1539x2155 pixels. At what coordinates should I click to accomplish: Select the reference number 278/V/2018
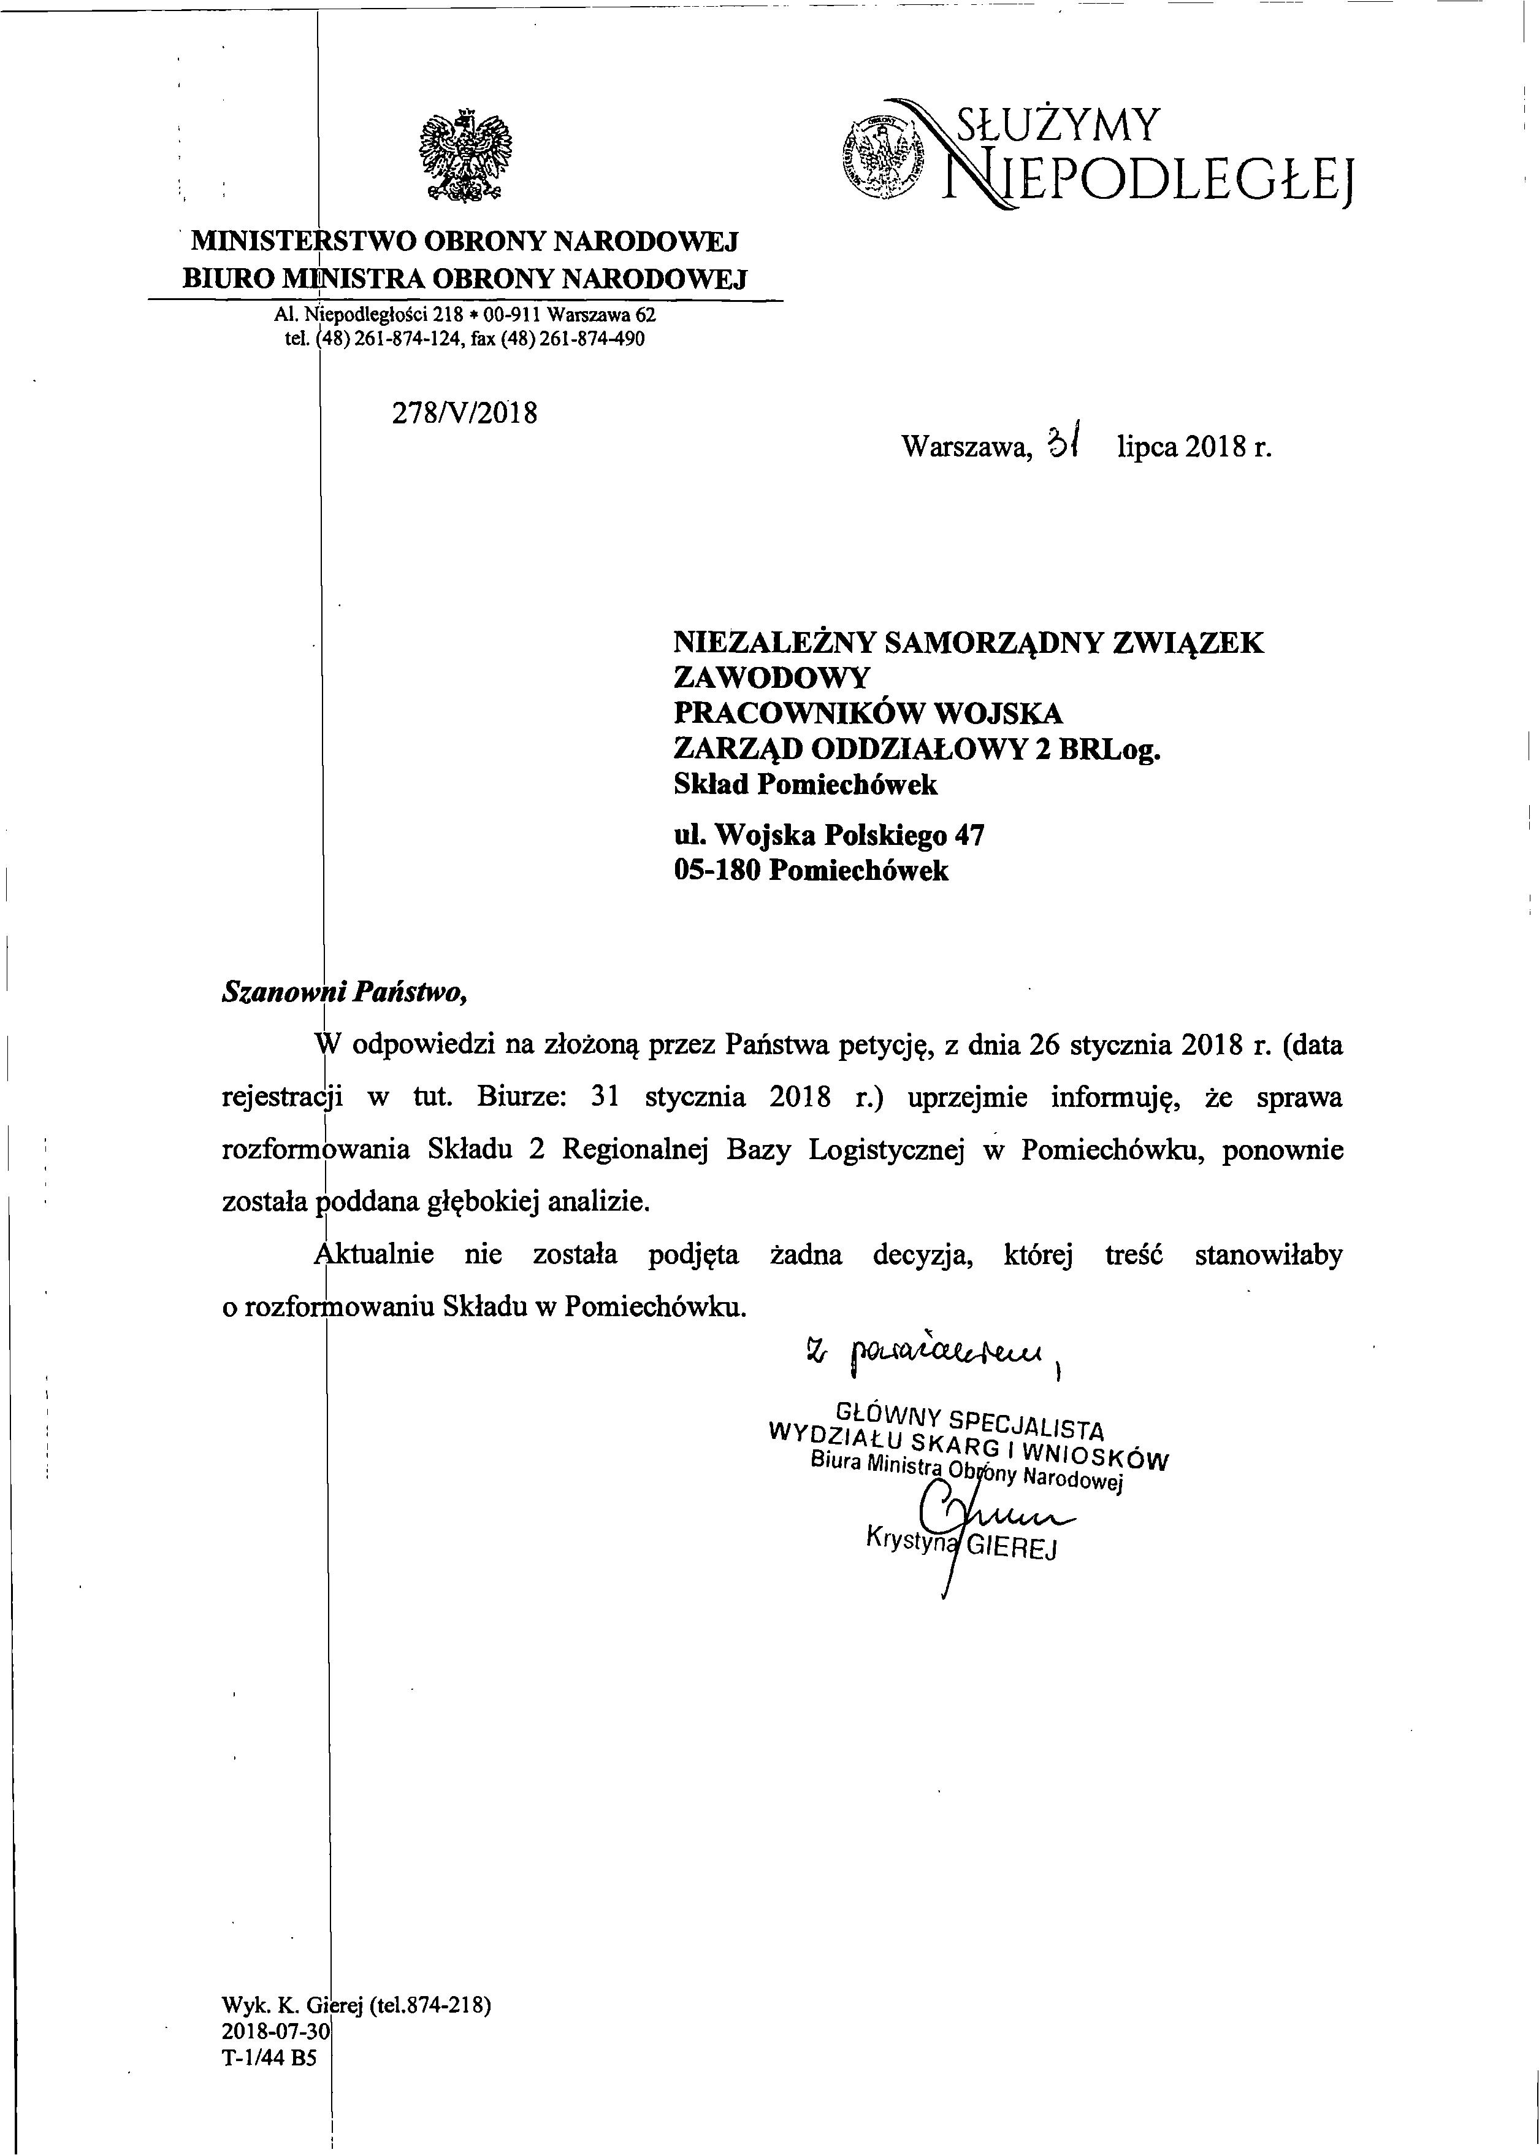point(464,414)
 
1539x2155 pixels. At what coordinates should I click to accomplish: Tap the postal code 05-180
point(717,870)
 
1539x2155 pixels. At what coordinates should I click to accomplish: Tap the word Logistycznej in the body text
point(886,1149)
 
